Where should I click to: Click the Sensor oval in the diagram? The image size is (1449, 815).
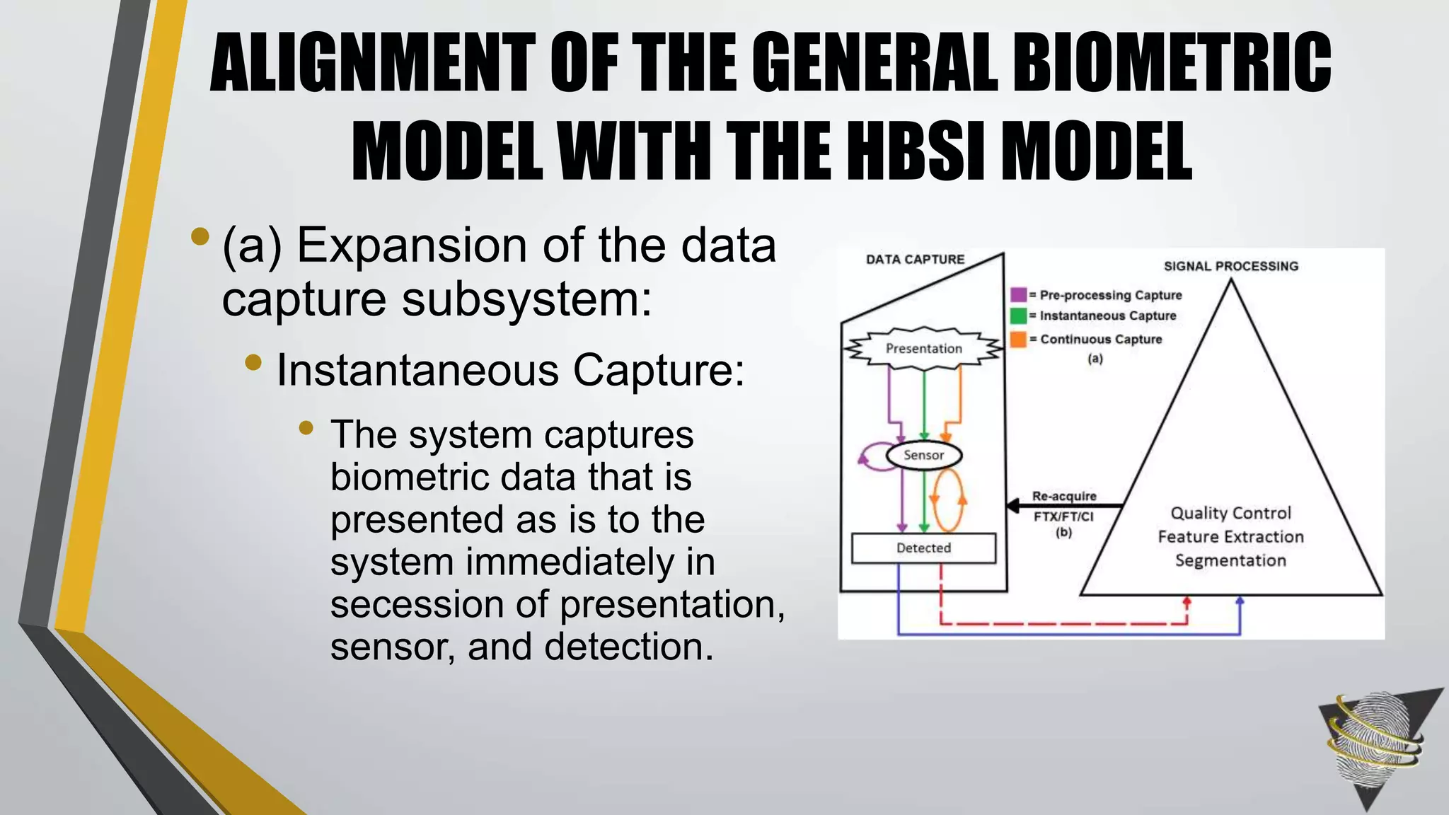pyautogui.click(x=923, y=456)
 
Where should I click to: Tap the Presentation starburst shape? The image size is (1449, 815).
pyautogui.click(x=923, y=349)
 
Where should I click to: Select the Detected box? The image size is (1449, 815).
pyautogui.click(x=923, y=548)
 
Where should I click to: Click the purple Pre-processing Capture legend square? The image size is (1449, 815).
pyautogui.click(x=1018, y=295)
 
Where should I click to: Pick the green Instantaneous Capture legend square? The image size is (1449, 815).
pyautogui.click(x=1018, y=316)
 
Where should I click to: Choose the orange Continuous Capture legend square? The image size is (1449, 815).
pyautogui.click(x=1018, y=339)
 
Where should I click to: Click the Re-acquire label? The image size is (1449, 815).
pyautogui.click(x=1064, y=496)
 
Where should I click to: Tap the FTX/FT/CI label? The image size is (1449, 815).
pyautogui.click(x=1063, y=516)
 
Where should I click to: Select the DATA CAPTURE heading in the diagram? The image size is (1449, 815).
pyautogui.click(x=915, y=260)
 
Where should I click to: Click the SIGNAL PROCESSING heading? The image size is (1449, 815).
pyautogui.click(x=1231, y=266)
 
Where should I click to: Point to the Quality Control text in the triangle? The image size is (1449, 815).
pyautogui.click(x=1230, y=513)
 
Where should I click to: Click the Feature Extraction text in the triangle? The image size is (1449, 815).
pyautogui.click(x=1230, y=537)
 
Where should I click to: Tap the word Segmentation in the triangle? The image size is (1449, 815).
pyautogui.click(x=1230, y=560)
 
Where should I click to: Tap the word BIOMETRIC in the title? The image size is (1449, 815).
pyautogui.click(x=1172, y=64)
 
